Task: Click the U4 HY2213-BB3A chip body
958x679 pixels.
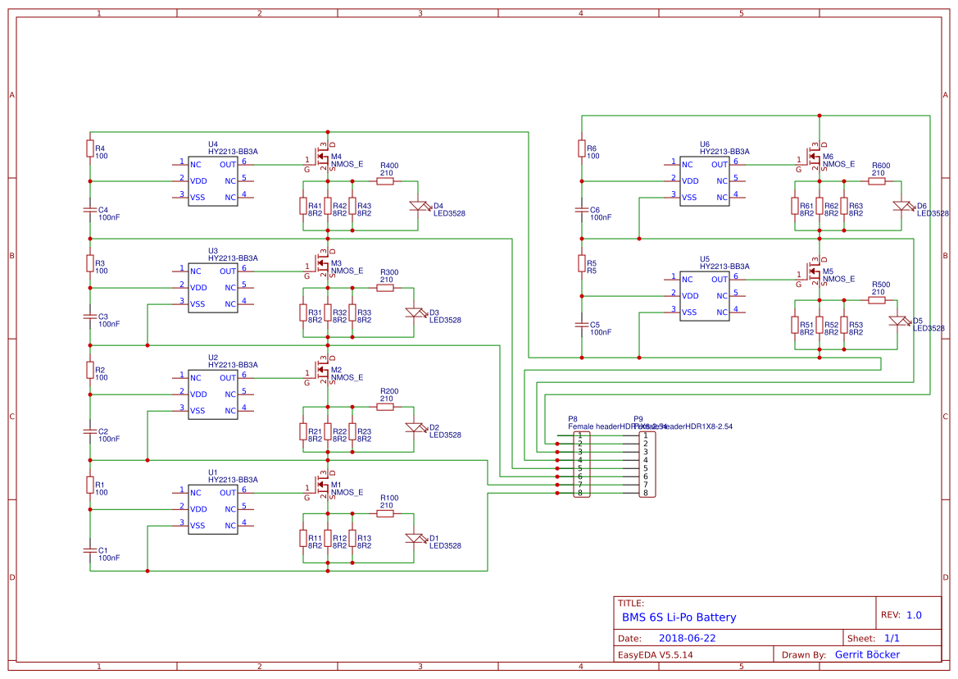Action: (x=213, y=180)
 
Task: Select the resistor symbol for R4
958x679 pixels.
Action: (x=89, y=148)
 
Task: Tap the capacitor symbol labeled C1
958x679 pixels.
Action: (x=89, y=548)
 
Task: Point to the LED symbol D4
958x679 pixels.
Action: (x=419, y=205)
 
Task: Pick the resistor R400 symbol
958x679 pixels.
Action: (x=385, y=181)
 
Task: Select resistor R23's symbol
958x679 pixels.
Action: (x=352, y=431)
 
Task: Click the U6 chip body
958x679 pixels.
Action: (x=705, y=180)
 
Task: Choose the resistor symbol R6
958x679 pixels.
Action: (x=581, y=148)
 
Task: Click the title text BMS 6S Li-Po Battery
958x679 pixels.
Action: (x=679, y=617)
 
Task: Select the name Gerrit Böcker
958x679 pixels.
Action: (x=867, y=654)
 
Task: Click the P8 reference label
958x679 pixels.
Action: (x=573, y=418)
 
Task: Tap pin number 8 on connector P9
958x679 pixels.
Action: (x=645, y=493)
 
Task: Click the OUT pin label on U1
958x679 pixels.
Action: (x=227, y=493)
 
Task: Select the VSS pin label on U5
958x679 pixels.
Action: (x=689, y=312)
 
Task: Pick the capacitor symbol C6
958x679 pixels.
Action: (x=581, y=211)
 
